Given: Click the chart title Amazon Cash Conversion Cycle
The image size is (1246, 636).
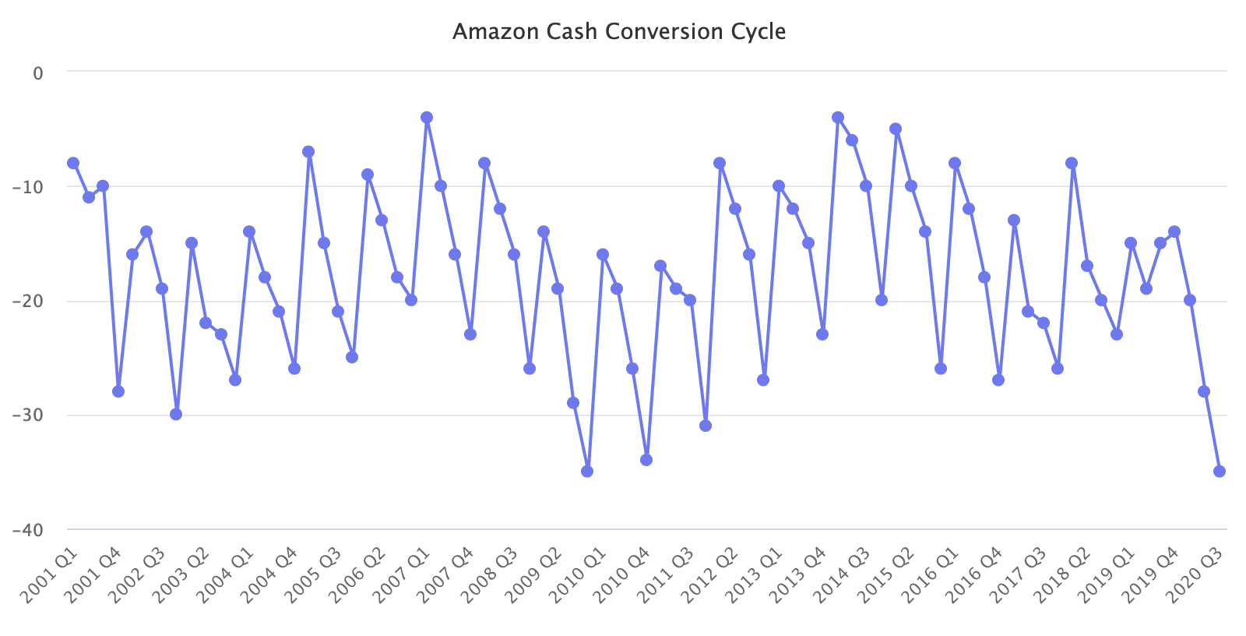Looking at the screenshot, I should [619, 32].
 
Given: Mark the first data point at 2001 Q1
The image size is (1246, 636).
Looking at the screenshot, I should [73, 163].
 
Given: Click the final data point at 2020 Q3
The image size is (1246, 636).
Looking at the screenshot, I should [1220, 472].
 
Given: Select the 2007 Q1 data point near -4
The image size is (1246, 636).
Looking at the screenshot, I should [427, 118].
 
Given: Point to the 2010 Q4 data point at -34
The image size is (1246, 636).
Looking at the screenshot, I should [646, 460].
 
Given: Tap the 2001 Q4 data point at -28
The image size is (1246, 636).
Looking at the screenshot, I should [118, 391].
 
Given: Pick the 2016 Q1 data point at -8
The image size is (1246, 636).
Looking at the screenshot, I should [955, 163].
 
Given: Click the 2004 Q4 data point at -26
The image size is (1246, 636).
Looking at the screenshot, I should [294, 369].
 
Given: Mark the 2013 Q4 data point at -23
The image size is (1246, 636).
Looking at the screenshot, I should [822, 334].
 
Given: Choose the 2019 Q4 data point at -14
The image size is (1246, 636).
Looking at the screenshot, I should [1174, 231].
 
